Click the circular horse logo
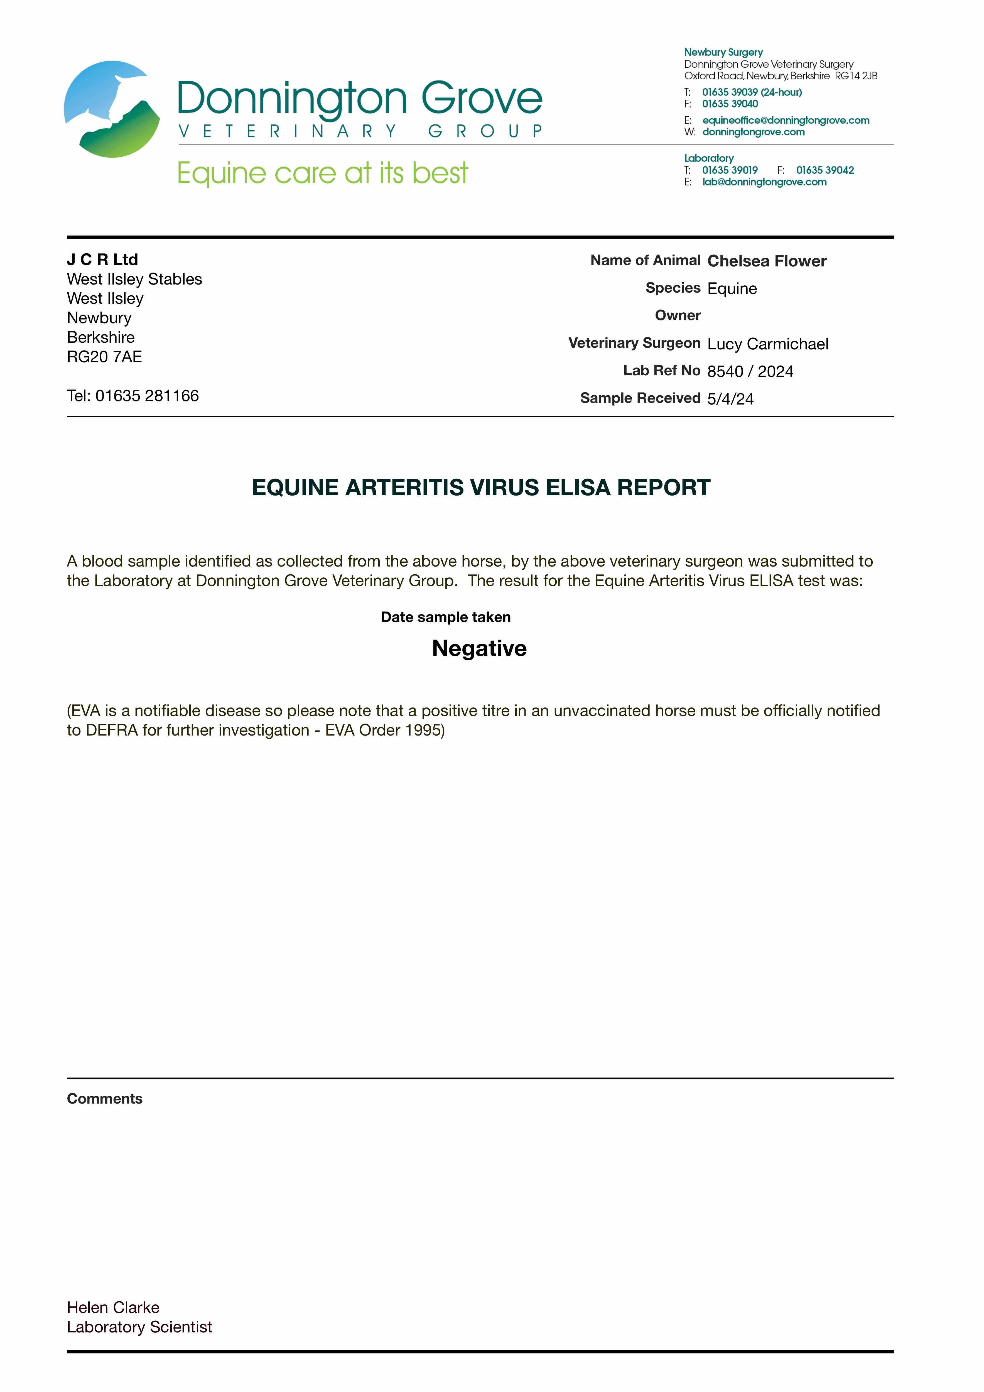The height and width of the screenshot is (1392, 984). point(112,109)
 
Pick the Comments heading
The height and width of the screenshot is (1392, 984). point(104,1099)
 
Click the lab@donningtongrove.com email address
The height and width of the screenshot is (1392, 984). point(764,182)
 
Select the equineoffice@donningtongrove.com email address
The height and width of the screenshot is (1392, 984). point(786,120)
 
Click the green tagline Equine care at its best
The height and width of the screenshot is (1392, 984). point(323,173)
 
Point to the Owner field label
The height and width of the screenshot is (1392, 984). point(677,315)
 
